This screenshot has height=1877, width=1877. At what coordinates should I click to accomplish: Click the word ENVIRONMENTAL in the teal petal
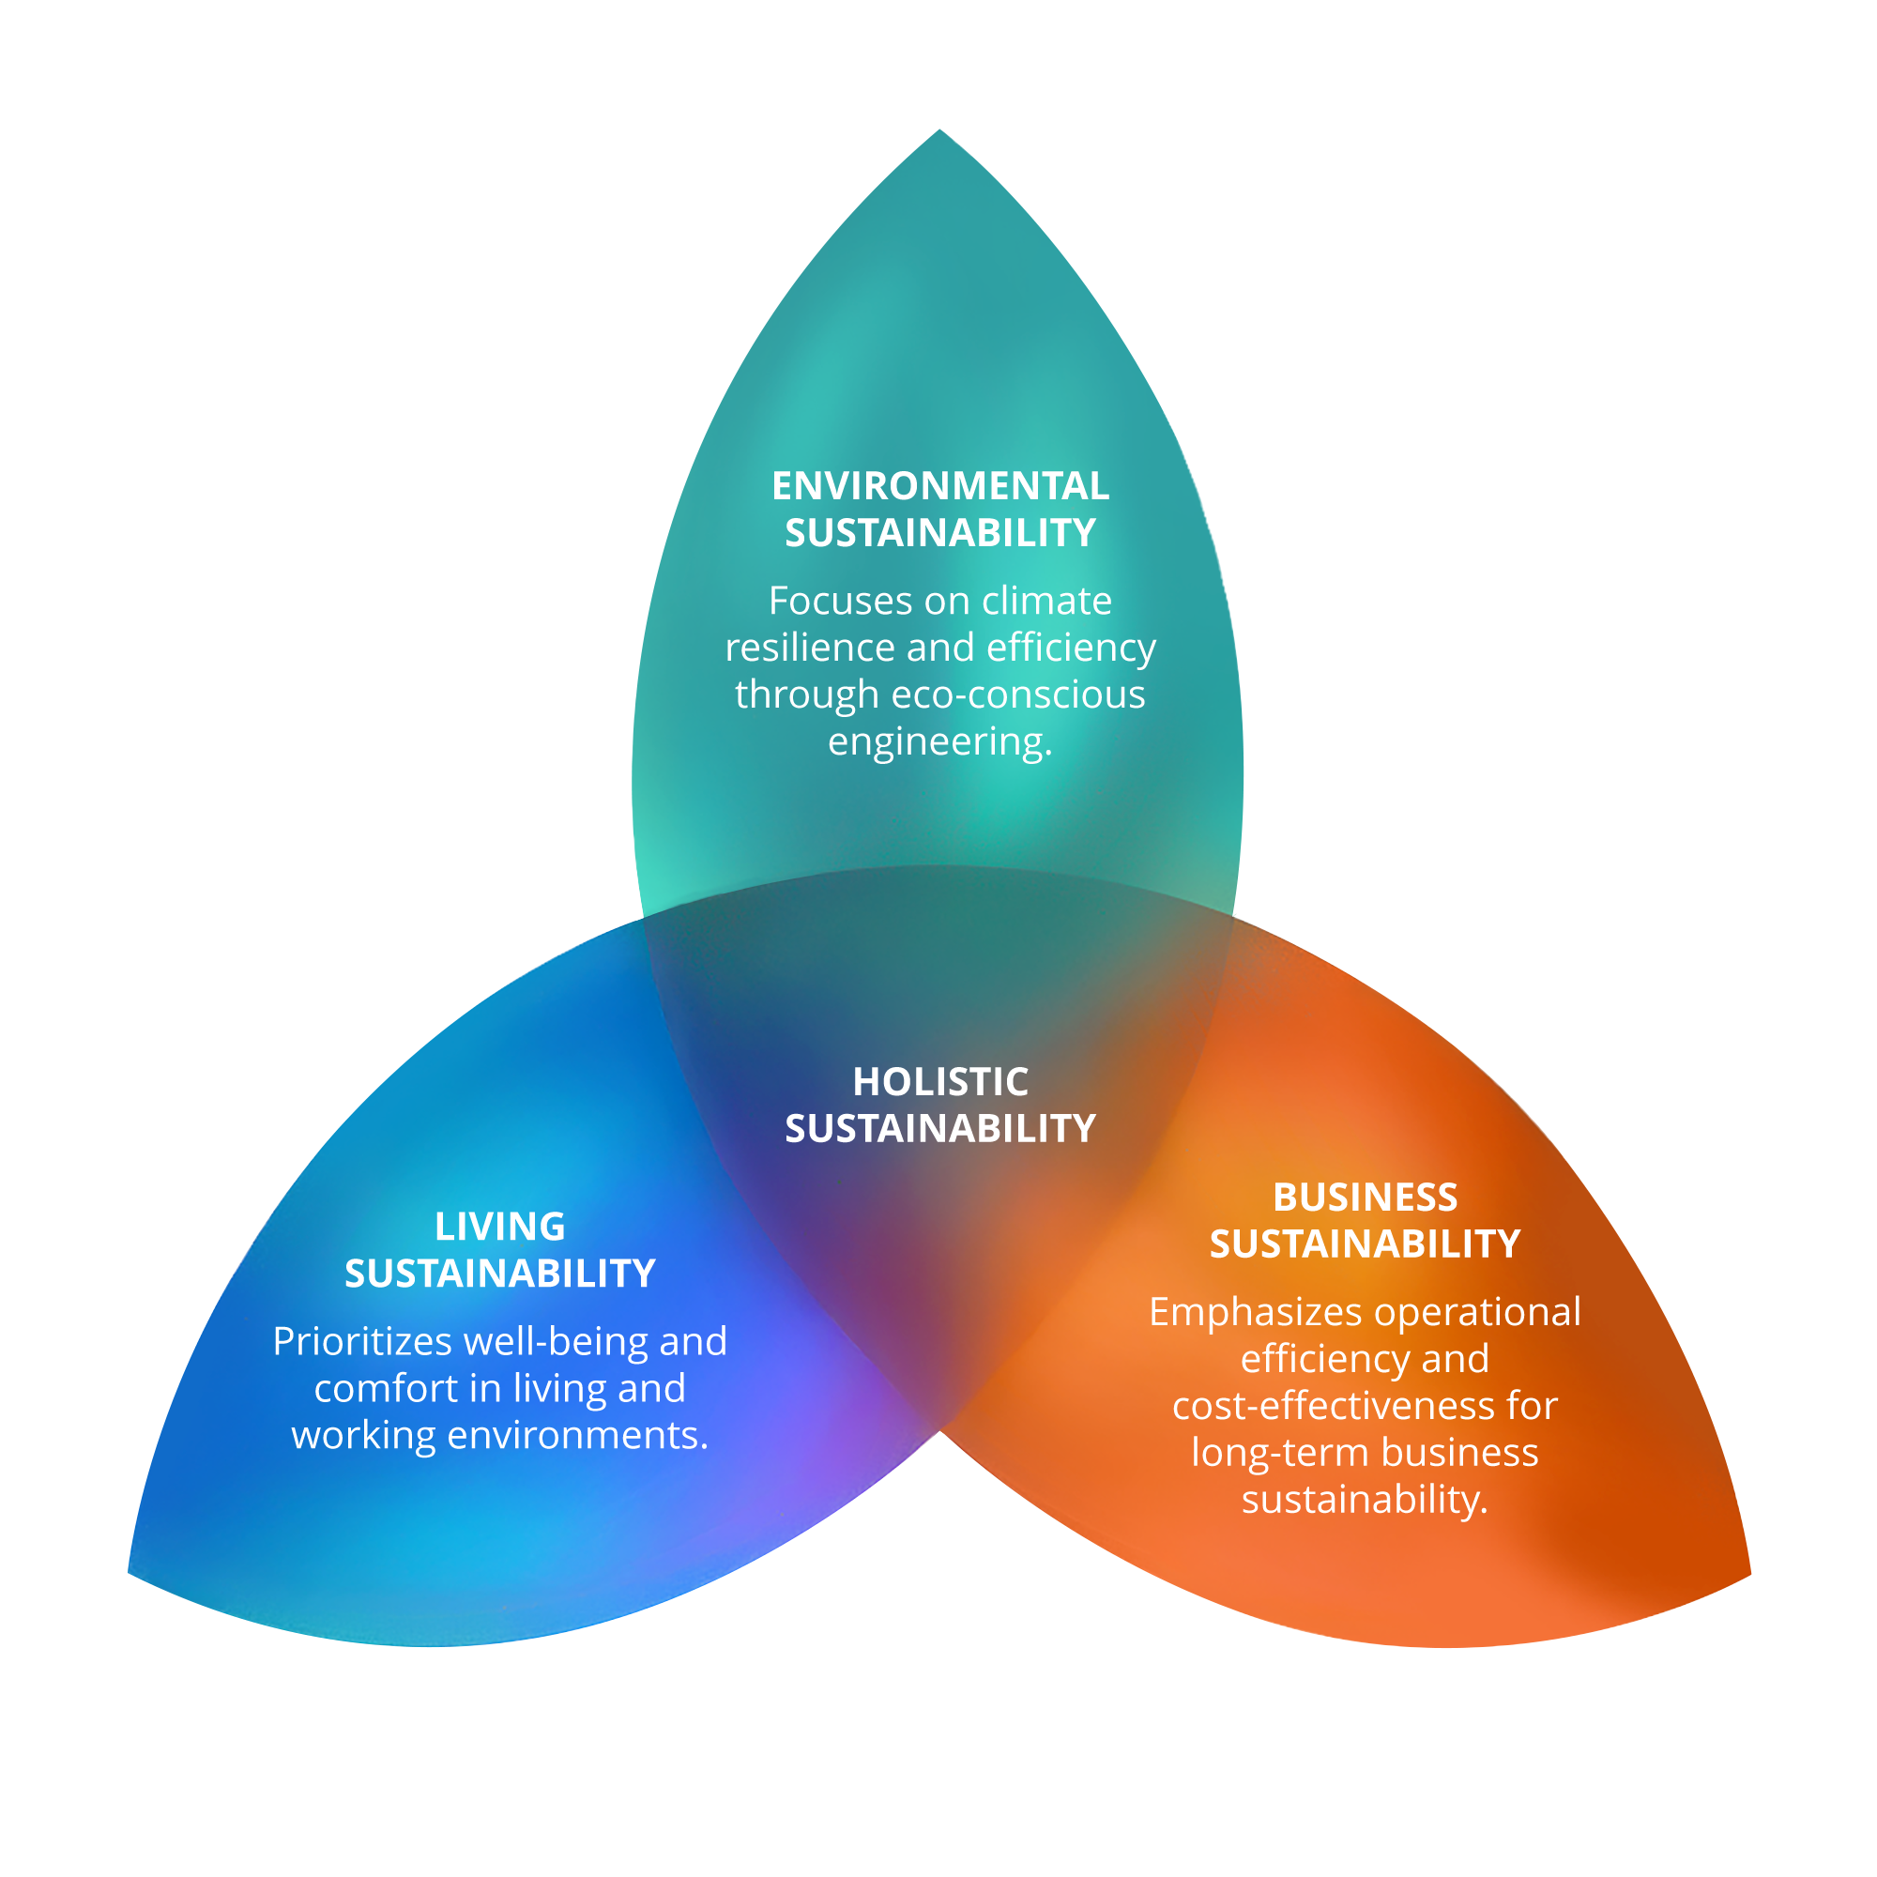939,486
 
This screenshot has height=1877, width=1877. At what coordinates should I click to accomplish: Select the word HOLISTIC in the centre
939,1081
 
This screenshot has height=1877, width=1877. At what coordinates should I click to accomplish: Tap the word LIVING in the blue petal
499,1226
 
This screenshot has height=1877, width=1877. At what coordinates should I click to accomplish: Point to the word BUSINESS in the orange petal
1365,1197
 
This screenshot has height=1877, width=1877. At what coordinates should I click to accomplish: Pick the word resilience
810,647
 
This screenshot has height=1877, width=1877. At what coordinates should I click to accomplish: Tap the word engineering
939,741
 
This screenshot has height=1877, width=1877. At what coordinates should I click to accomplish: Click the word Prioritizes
362,1342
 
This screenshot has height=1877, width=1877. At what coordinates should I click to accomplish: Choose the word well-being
557,1342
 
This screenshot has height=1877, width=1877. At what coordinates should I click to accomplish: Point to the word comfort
386,1388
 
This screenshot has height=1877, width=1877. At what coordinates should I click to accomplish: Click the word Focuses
840,601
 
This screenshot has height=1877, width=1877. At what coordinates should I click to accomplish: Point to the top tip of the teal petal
939,131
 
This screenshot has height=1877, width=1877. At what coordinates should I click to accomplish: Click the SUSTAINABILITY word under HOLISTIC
939,1129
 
